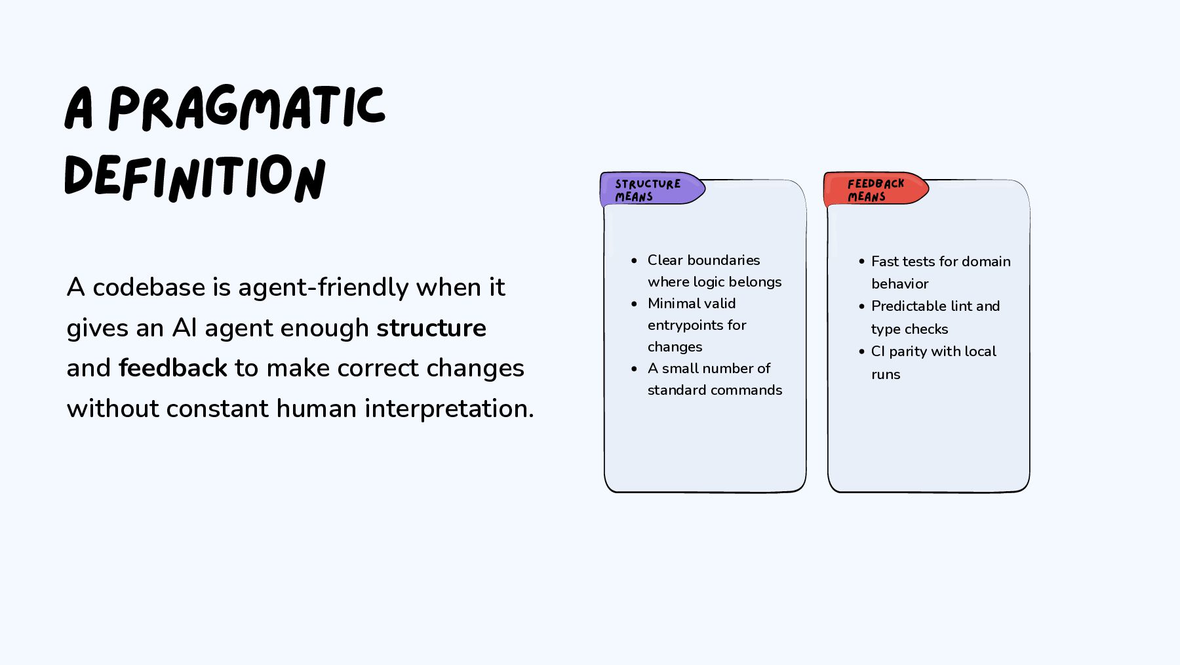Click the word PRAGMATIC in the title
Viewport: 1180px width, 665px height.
click(246, 108)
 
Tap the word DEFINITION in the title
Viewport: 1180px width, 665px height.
click(195, 177)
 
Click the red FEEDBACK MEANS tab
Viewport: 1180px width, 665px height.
click(875, 190)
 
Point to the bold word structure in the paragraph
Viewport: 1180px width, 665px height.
click(431, 328)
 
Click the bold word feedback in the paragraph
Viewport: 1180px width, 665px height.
click(173, 368)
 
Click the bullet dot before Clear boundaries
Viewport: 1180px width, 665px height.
click(634, 260)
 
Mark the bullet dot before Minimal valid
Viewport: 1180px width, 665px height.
click(634, 304)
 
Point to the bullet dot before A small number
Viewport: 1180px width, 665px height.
click(634, 369)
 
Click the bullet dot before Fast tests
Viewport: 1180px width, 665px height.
click(861, 261)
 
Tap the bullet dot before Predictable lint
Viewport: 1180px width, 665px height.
click(861, 306)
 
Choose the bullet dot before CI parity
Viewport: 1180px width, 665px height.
click(861, 352)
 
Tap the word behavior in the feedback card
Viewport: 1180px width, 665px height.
click(899, 284)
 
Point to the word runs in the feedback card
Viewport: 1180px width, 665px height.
click(886, 374)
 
